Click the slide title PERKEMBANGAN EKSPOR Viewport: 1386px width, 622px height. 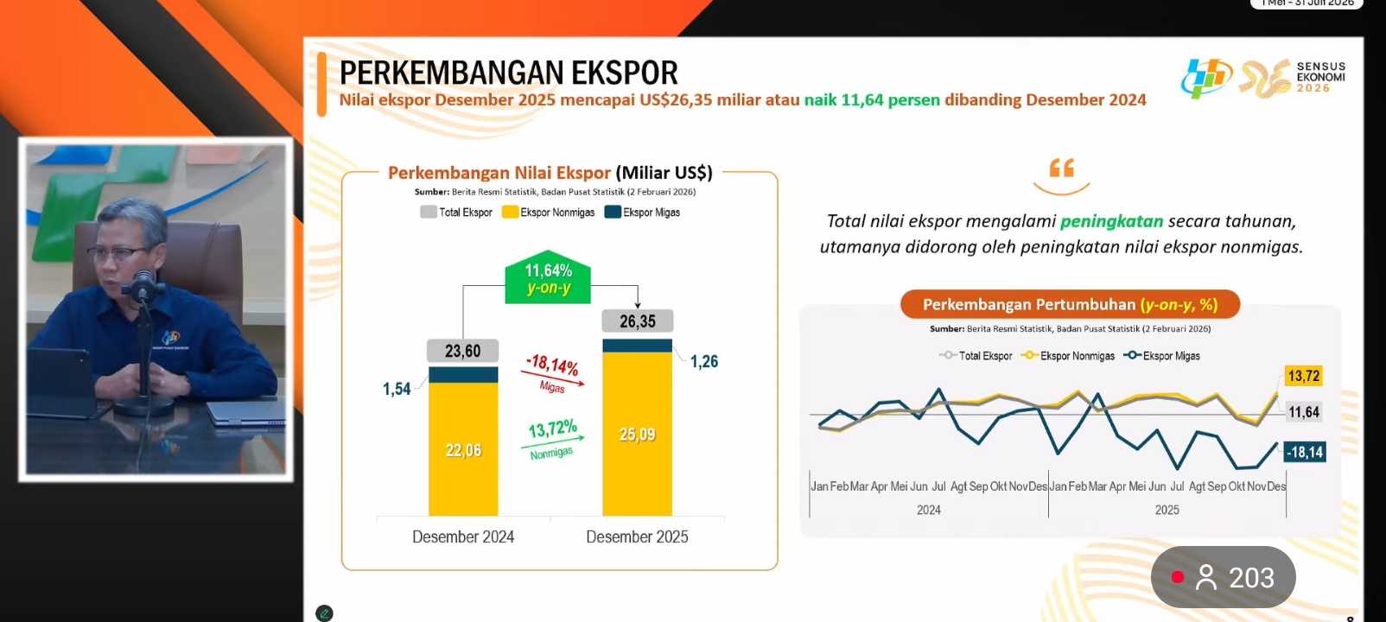point(508,73)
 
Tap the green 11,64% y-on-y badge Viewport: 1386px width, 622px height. point(548,279)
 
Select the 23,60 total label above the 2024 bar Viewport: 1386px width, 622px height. point(462,351)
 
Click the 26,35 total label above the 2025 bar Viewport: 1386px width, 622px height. point(638,321)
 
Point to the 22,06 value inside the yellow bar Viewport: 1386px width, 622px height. point(463,450)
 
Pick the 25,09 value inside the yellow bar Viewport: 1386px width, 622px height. point(637,435)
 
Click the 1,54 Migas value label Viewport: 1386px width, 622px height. point(397,389)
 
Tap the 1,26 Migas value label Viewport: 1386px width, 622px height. point(704,361)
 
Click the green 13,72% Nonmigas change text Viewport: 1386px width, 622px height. point(552,429)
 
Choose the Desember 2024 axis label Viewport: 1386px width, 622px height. point(463,536)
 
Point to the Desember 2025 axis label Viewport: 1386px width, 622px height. point(637,536)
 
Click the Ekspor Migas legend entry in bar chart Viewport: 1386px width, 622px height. point(643,213)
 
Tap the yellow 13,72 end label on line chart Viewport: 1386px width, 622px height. point(1303,376)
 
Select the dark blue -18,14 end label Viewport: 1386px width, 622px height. point(1304,452)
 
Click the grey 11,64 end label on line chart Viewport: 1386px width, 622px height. point(1304,412)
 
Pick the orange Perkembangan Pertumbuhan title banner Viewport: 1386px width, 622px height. point(1070,304)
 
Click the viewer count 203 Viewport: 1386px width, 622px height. point(1251,577)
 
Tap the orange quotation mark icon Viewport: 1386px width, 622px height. point(1061,168)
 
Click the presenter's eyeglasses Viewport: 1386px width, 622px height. point(117,253)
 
